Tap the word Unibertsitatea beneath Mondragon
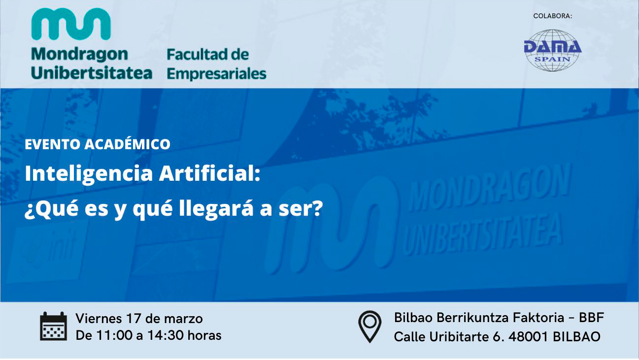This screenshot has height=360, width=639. click(92, 72)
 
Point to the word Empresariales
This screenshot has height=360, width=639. click(216, 74)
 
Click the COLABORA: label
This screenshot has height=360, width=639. click(553, 16)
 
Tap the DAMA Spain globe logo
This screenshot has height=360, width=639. click(553, 50)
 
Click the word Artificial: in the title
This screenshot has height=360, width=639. click(210, 173)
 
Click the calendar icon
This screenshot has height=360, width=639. click(54, 327)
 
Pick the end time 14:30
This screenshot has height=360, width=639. click(165, 335)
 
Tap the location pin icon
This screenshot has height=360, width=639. click(370, 327)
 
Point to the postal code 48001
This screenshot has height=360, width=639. click(528, 337)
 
